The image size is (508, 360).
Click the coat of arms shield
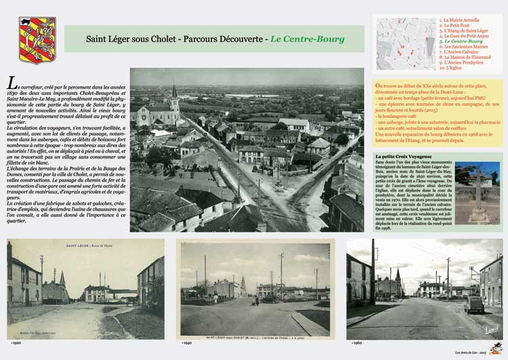tap(37, 40)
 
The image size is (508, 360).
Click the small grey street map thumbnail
tap(406, 44)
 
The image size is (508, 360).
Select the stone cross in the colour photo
tap(478, 187)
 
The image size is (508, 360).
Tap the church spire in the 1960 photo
tap(398, 275)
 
